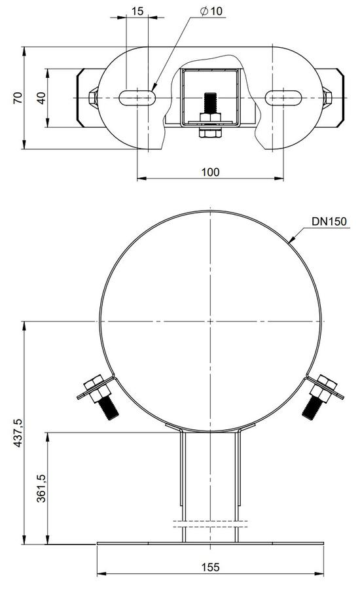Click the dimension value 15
137,11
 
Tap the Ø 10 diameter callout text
211,11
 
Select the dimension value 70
18,98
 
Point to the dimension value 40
41,98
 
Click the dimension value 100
210,172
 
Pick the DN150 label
329,221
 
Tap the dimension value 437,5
18,433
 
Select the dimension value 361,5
41,488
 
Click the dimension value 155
210,567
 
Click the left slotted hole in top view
137,98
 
